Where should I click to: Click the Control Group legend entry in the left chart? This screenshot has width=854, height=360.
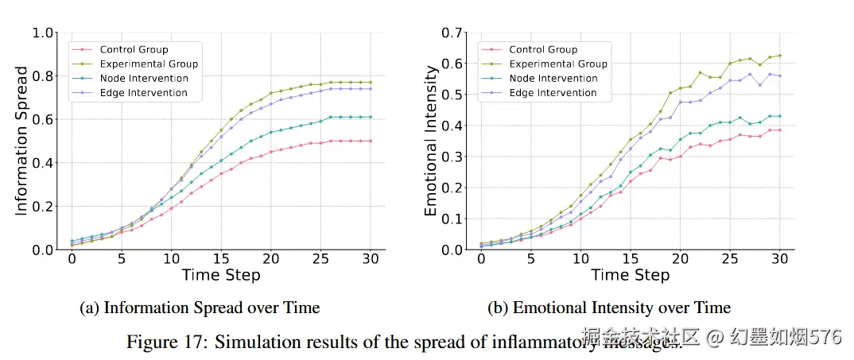(x=134, y=49)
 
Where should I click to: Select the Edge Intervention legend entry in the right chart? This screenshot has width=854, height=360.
(x=553, y=93)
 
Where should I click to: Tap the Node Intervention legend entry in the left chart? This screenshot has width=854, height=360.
(x=143, y=79)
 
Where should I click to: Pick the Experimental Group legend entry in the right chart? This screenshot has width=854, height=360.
(x=557, y=64)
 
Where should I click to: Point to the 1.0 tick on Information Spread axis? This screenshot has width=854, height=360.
(x=44, y=33)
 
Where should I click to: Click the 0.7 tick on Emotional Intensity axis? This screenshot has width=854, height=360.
(x=452, y=33)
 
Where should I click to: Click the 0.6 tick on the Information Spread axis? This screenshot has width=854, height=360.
(x=44, y=120)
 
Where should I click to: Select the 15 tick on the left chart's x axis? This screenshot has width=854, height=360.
(x=221, y=259)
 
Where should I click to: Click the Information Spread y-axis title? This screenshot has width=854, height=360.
(x=22, y=141)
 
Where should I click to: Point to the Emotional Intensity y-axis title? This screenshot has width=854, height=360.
(x=431, y=141)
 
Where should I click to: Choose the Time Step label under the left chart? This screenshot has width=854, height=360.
(x=221, y=276)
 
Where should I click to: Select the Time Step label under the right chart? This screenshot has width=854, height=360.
(x=631, y=276)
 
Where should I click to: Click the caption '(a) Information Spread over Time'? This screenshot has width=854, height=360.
(x=200, y=308)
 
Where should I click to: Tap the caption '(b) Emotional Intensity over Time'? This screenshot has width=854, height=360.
(x=609, y=308)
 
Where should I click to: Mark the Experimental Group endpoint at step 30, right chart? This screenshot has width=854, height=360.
(x=779, y=56)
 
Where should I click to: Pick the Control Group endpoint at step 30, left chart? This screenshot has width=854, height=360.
(x=371, y=141)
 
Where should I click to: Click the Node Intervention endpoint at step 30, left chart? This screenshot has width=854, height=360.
(x=371, y=118)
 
